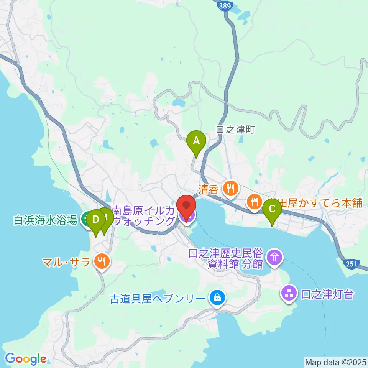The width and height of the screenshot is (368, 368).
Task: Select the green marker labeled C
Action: point(272,210)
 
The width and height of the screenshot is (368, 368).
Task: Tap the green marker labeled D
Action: point(95,220)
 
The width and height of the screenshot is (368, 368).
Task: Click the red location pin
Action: point(187,207)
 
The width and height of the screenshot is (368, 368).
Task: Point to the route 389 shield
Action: point(223,5)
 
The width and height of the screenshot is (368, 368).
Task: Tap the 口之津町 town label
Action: point(235,130)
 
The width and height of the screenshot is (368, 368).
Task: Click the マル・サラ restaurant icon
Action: point(102,262)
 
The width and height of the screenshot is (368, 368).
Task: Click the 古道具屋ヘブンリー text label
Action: point(157,297)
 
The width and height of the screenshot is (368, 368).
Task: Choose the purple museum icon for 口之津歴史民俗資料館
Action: point(274,257)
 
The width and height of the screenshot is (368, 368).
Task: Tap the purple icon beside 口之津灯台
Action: point(289,294)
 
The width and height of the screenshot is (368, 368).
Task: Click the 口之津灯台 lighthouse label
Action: point(327,295)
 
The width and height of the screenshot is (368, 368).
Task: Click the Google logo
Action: point(26,359)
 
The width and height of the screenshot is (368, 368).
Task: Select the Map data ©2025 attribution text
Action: point(336,362)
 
